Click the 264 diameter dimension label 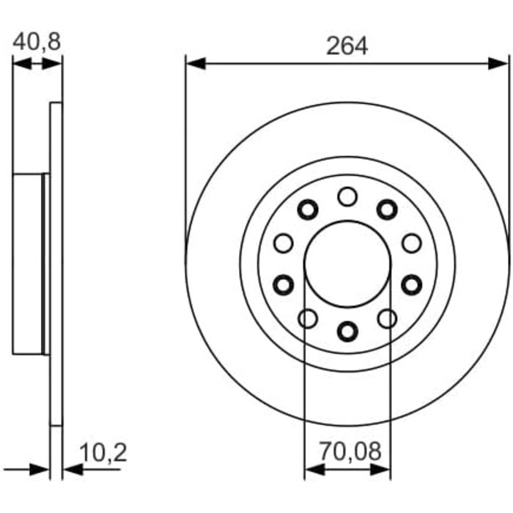(347, 46)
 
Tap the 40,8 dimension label (37, 41)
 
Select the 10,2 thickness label (103, 452)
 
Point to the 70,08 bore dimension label (350, 451)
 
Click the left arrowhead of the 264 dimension (196, 63)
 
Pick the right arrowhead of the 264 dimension (498, 63)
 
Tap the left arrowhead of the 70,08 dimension (314, 470)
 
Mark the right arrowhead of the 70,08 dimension (380, 470)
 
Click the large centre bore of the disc (347, 264)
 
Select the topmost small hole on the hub (347, 196)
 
